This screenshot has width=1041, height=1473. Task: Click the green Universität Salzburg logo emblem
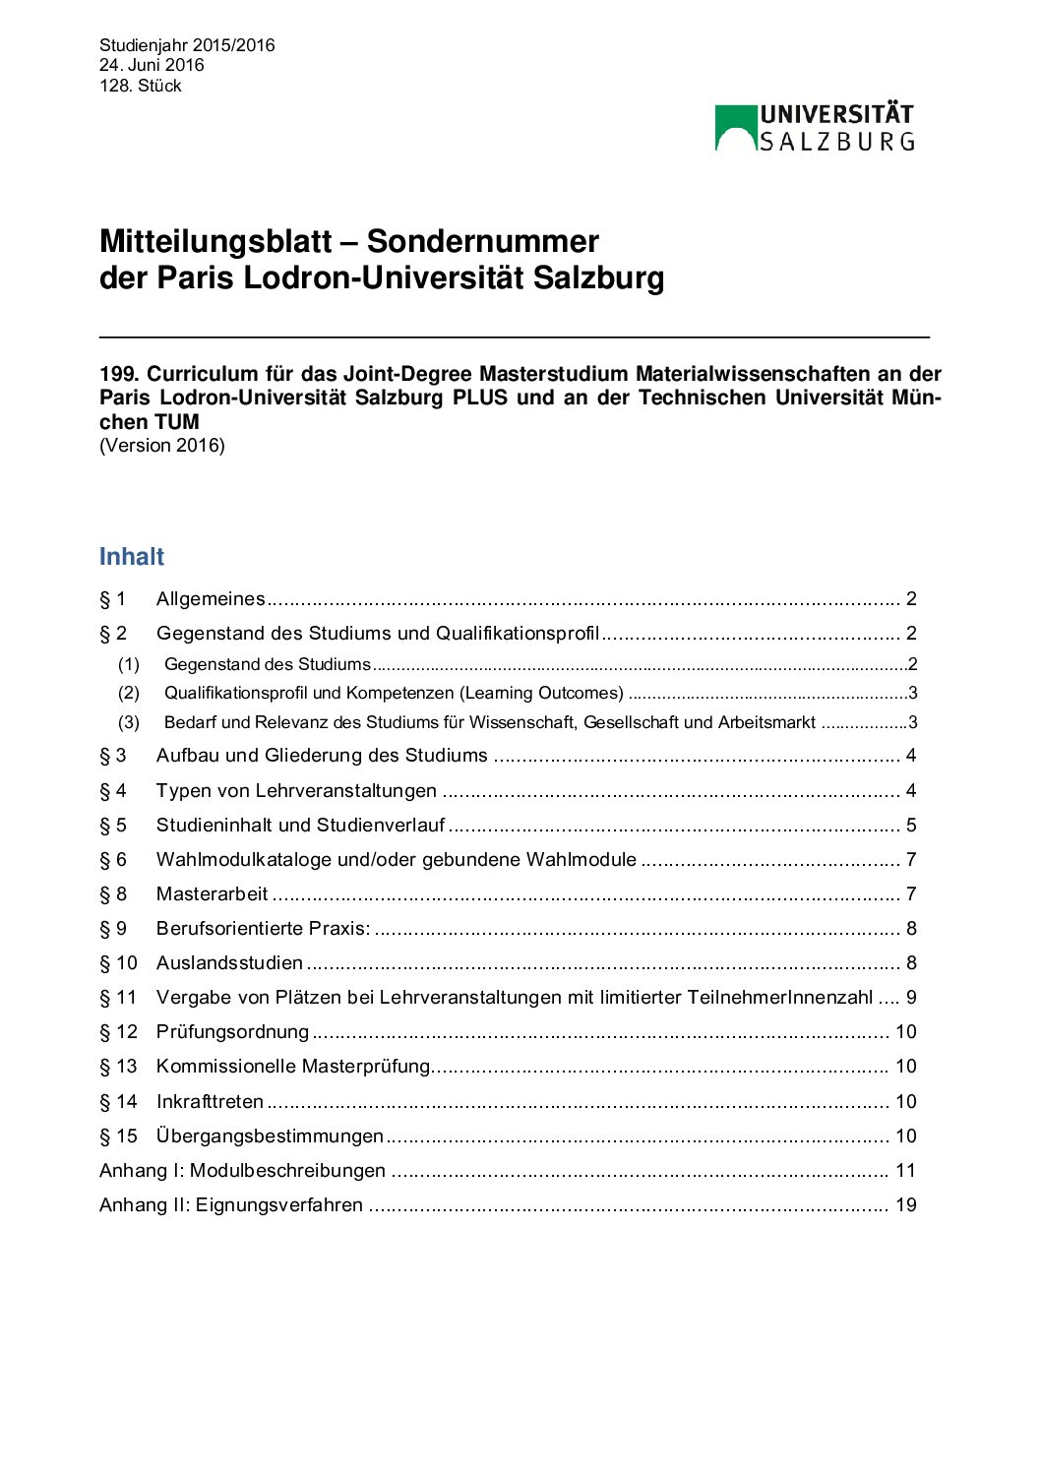click(x=735, y=128)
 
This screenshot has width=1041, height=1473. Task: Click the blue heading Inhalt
click(x=132, y=557)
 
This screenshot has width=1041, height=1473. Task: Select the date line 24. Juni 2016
click(x=152, y=65)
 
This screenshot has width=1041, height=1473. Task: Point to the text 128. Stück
click(x=141, y=86)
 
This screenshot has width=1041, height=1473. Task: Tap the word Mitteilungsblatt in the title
click(x=215, y=242)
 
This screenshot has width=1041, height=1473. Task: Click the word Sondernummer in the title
click(x=482, y=242)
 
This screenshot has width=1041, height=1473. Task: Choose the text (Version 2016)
click(x=162, y=446)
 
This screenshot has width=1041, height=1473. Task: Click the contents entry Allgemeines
click(x=211, y=599)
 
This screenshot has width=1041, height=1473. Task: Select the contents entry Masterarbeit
click(x=212, y=894)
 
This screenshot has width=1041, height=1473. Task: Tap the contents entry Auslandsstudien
click(x=229, y=963)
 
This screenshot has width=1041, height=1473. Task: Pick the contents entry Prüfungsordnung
click(x=232, y=1032)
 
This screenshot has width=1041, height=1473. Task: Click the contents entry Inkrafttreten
click(x=210, y=1102)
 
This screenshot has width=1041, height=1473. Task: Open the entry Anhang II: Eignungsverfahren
click(x=231, y=1205)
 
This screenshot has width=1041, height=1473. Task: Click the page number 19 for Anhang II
click(x=905, y=1205)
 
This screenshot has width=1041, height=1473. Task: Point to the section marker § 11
click(x=118, y=998)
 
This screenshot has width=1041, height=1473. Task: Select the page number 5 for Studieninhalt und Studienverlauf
click(x=911, y=826)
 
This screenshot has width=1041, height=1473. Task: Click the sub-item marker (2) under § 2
click(x=129, y=693)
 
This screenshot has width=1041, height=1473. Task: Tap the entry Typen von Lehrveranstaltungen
click(x=296, y=791)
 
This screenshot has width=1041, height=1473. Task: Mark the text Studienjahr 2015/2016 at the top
click(x=187, y=45)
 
